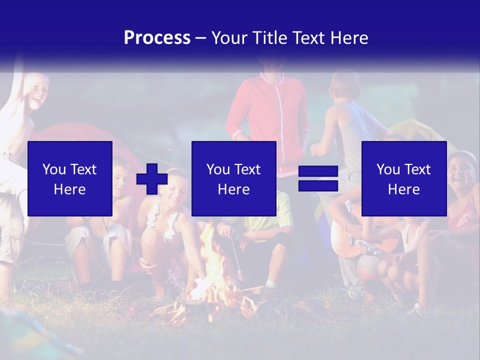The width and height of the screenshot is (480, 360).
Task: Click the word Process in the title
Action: (x=157, y=38)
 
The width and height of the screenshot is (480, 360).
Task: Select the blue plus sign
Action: (x=152, y=178)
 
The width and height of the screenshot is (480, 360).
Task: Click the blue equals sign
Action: (x=318, y=178)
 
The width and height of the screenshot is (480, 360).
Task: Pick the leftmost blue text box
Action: (x=70, y=178)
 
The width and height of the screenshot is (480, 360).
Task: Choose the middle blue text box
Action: (x=233, y=178)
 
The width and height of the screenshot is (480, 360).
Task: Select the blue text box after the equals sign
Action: (x=403, y=178)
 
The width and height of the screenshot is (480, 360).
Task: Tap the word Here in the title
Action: (x=350, y=38)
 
